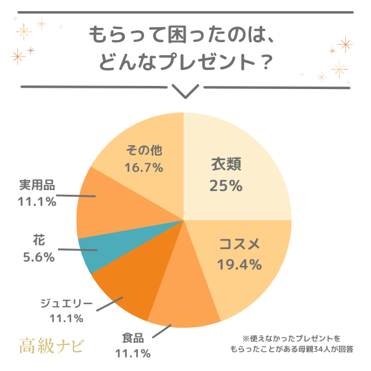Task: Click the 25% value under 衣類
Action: [x=225, y=185]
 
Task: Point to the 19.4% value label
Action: [x=239, y=264]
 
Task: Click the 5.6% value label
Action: [x=38, y=257]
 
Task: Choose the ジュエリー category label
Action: [x=66, y=303]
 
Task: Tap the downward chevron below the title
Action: [x=185, y=92]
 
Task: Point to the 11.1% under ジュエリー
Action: [x=66, y=318]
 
